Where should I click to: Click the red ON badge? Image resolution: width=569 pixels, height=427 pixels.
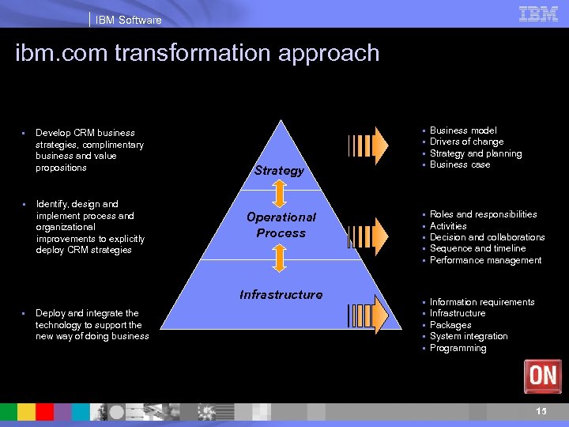click(542, 376)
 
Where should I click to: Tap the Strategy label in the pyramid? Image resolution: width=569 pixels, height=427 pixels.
click(279, 171)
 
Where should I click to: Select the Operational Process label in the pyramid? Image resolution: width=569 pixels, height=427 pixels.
click(281, 225)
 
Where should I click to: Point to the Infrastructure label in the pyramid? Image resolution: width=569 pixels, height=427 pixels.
click(281, 295)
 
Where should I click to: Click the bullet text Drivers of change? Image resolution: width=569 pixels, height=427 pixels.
click(466, 142)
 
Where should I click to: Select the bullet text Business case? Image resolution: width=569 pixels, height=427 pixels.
click(460, 165)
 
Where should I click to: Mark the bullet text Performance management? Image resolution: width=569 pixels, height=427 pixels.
click(485, 260)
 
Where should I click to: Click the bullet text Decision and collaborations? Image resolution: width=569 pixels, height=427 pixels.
click(487, 237)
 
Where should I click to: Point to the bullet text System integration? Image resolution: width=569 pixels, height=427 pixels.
click(469, 337)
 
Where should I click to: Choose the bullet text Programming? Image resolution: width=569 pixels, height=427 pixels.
click(458, 349)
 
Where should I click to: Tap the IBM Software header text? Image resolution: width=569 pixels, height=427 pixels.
click(128, 20)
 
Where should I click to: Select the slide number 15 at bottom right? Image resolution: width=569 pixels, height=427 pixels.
click(541, 411)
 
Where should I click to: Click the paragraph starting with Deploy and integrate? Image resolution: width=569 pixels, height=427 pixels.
click(92, 325)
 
